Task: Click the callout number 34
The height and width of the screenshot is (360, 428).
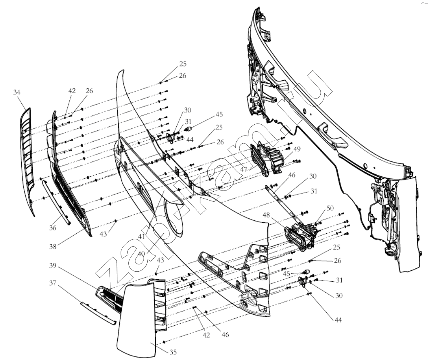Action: tap(17, 93)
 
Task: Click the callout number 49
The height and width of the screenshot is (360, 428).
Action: tap(297, 149)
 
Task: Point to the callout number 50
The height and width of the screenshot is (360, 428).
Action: tap(330, 208)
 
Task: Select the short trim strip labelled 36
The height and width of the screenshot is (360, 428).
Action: tap(56, 202)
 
